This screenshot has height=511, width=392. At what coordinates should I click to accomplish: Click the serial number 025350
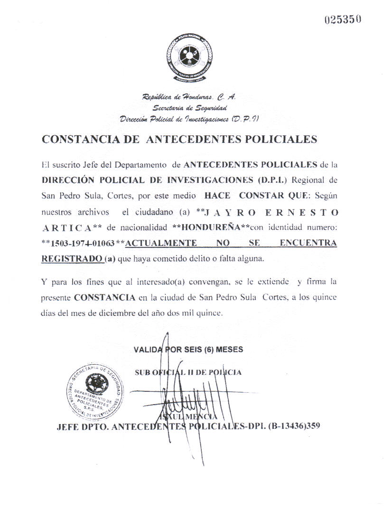tap(344, 19)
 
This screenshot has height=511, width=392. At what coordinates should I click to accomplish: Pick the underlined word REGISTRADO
tap(71, 259)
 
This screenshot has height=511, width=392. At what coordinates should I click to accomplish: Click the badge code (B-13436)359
tap(290, 425)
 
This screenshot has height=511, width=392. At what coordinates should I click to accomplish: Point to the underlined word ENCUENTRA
tap(308, 243)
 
